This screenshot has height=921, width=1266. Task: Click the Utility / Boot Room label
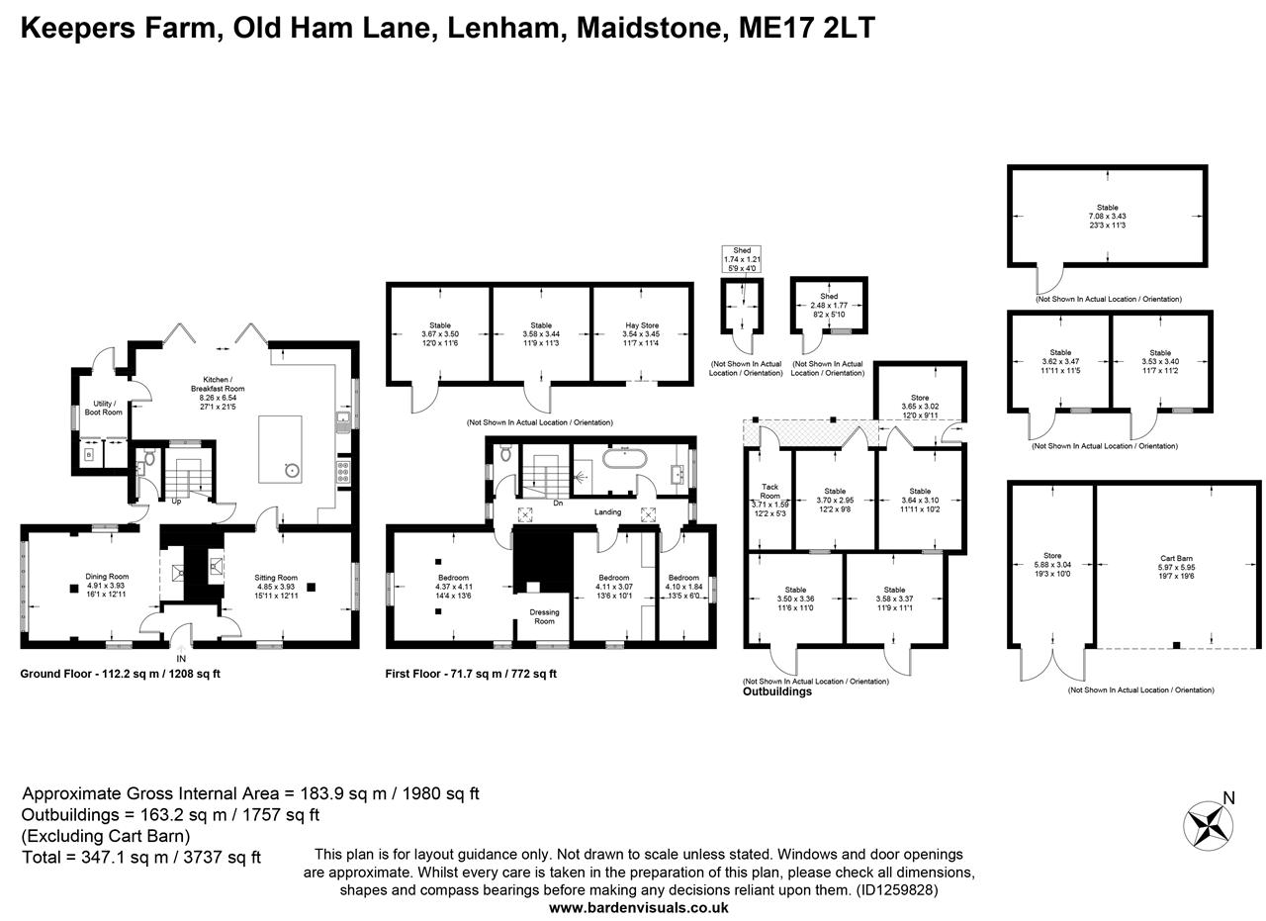[103, 408]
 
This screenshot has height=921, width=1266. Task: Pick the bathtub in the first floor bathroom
[624, 460]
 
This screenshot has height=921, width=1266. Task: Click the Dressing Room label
[544, 616]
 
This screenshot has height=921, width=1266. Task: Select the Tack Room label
[769, 491]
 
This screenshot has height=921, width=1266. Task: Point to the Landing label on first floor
[607, 512]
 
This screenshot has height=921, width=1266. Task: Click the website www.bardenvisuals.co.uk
[639, 907]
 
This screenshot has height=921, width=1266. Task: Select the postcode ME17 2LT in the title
[806, 28]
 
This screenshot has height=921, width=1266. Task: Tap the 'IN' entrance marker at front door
[181, 658]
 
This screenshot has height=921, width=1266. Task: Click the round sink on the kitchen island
[293, 470]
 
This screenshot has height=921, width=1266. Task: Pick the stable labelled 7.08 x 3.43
[1107, 216]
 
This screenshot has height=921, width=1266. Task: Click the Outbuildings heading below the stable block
[777, 691]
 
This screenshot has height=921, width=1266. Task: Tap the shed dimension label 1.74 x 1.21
[742, 259]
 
